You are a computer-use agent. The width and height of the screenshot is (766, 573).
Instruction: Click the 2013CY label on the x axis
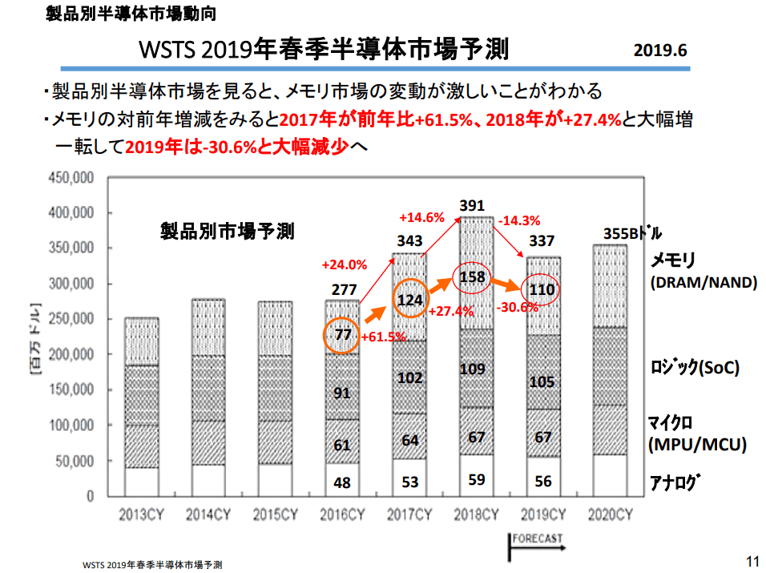pyautogui.click(x=141, y=514)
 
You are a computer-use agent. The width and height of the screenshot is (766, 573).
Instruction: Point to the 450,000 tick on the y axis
pyautogui.click(x=72, y=178)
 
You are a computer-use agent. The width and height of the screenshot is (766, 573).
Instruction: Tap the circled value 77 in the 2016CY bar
pyautogui.click(x=343, y=335)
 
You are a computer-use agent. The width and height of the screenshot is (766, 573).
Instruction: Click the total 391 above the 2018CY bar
pyautogui.click(x=471, y=206)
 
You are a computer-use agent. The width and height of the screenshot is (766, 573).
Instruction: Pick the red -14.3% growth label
pyautogui.click(x=519, y=220)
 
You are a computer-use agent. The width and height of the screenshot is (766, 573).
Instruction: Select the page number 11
pyautogui.click(x=752, y=559)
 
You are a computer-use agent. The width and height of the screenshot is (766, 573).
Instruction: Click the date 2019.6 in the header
pyautogui.click(x=660, y=51)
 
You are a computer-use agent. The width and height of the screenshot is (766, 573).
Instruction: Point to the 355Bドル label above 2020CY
pyautogui.click(x=632, y=234)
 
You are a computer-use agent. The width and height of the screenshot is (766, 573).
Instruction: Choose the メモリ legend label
pyautogui.click(x=672, y=260)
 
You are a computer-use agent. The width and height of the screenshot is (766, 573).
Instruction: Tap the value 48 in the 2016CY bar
pyautogui.click(x=343, y=483)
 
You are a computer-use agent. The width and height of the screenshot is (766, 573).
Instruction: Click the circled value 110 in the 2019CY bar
pyautogui.click(x=542, y=290)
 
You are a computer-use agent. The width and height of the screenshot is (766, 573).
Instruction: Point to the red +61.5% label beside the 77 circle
pyautogui.click(x=383, y=337)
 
